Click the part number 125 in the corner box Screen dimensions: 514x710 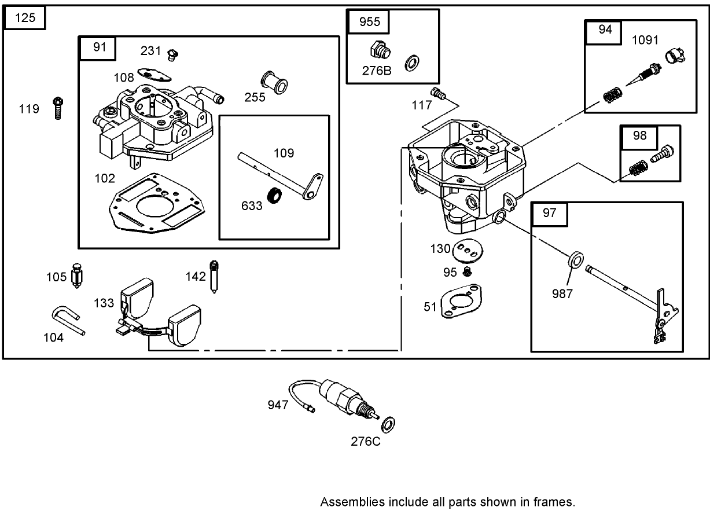pos(25,18)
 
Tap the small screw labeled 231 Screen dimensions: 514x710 pos(171,54)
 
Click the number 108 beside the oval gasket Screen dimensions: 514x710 pos(123,77)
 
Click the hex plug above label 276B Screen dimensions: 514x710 pos(380,50)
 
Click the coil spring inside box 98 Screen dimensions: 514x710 pos(637,170)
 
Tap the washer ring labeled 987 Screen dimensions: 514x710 pos(575,259)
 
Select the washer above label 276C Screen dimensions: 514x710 pos(389,423)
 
